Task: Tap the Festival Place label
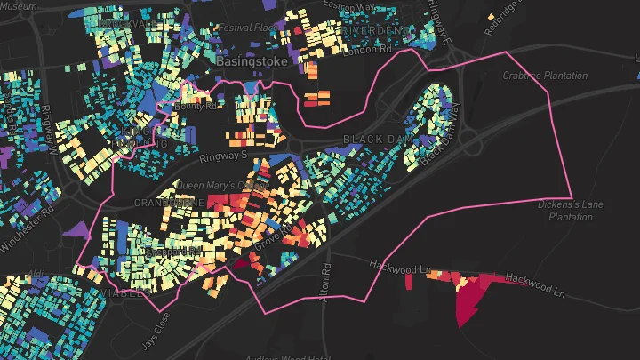point(248,28)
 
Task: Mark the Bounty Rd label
point(196,107)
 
